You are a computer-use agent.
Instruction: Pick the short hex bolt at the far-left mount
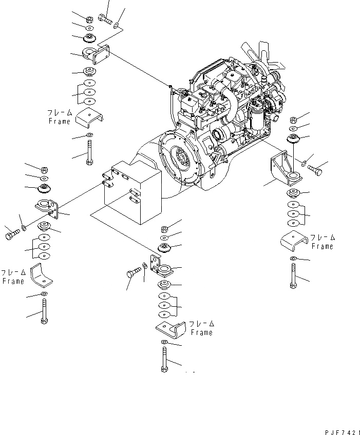[12, 234]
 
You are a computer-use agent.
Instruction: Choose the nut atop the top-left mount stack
[88, 18]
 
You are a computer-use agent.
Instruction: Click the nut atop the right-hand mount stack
[293, 119]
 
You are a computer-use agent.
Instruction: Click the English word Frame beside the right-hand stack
[323, 247]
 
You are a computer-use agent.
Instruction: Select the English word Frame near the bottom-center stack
[201, 333]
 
